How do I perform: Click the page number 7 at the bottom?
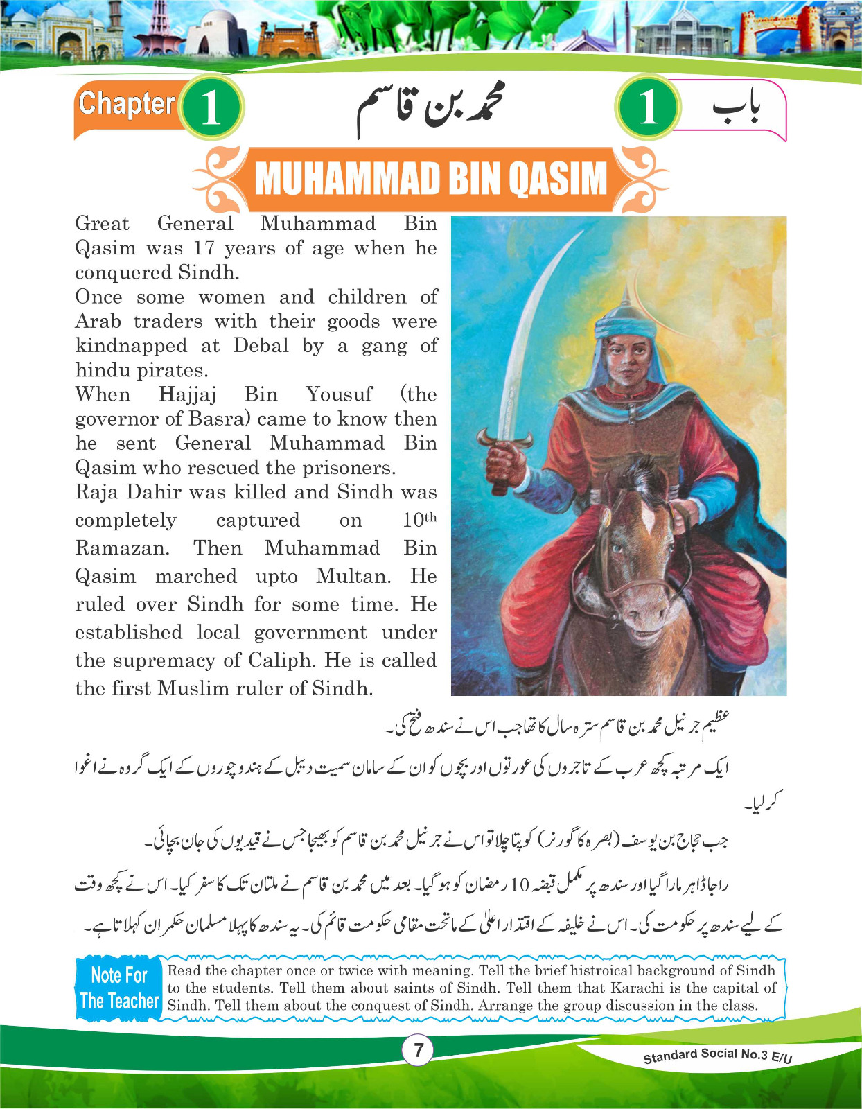click(418, 1050)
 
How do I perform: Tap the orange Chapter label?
click(127, 104)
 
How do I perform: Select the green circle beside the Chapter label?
click(211, 107)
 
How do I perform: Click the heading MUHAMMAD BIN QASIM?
click(430, 178)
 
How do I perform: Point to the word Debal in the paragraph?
click(261, 345)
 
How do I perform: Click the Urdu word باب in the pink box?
click(735, 109)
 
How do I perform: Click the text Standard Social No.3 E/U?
click(717, 1055)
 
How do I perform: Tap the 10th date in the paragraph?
click(419, 520)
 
